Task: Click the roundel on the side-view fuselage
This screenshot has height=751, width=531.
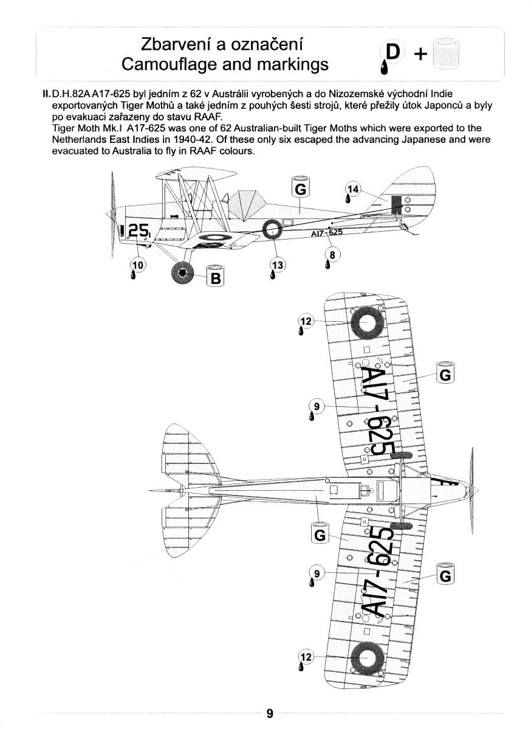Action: click(x=273, y=230)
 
